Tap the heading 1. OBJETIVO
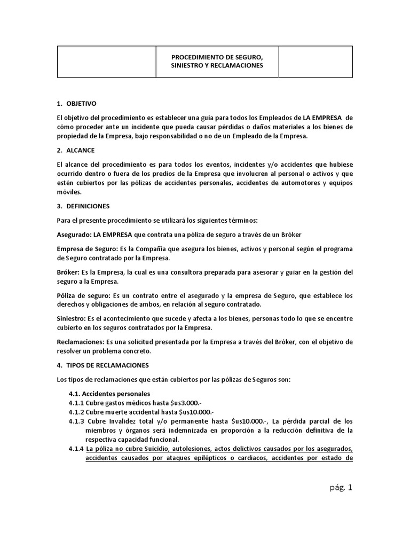click(x=76, y=103)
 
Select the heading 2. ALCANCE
click(x=75, y=150)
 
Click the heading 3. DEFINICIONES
click(x=83, y=206)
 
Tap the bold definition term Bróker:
click(x=68, y=272)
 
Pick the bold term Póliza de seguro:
click(x=82, y=295)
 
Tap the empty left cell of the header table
click(x=106, y=61)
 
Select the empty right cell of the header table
click(x=316, y=61)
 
